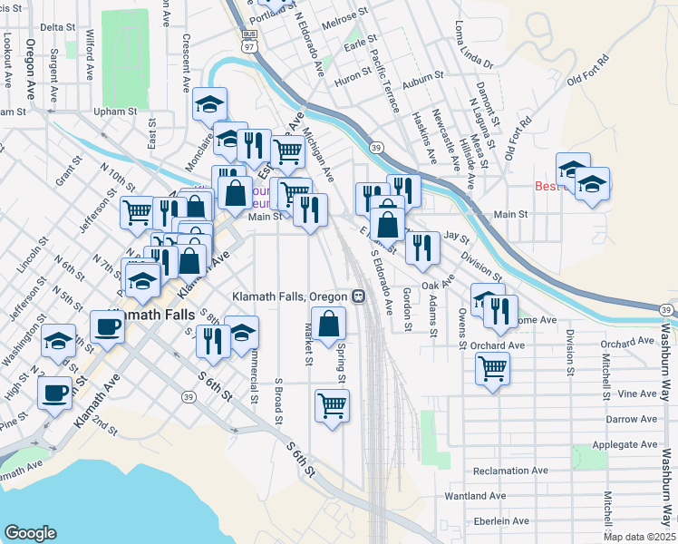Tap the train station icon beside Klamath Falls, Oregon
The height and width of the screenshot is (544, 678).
pos(359,296)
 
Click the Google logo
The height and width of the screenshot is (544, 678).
pos(31,533)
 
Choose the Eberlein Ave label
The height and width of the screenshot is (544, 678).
pos(500,521)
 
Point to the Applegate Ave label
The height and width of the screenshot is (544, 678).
pos(623,445)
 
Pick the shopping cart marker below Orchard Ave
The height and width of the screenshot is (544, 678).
pos(492,369)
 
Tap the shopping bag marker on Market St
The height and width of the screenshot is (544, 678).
pos(328,323)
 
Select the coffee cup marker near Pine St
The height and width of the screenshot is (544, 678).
pos(54,393)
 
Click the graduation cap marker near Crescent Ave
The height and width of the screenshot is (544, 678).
pos(209,105)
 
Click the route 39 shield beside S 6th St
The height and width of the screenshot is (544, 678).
pos(188,396)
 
